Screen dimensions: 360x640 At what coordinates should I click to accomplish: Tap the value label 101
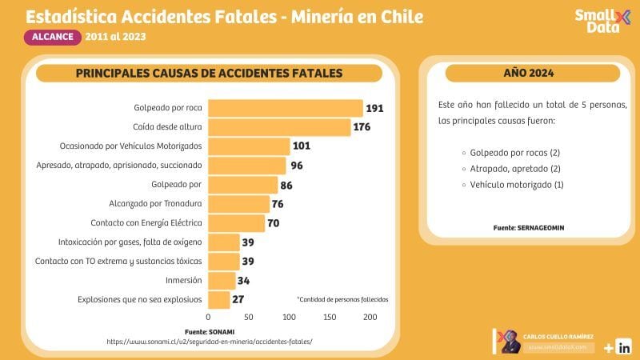301,146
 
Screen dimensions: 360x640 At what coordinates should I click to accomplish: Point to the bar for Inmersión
222,280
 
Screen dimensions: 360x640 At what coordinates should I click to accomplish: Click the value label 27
238,300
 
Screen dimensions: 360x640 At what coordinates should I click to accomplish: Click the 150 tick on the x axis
330,318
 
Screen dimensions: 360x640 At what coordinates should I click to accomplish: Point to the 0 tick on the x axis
209,318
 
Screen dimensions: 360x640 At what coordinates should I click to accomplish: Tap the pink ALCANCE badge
54,36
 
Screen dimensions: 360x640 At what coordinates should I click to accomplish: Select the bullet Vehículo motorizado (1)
517,185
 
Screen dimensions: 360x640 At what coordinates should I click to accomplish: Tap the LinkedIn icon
625,347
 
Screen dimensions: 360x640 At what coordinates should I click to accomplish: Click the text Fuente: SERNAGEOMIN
528,228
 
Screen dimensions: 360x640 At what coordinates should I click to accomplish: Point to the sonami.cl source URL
209,341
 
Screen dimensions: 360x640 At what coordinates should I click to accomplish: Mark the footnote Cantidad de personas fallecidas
342,299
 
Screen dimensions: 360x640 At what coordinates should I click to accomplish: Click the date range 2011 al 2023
117,37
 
